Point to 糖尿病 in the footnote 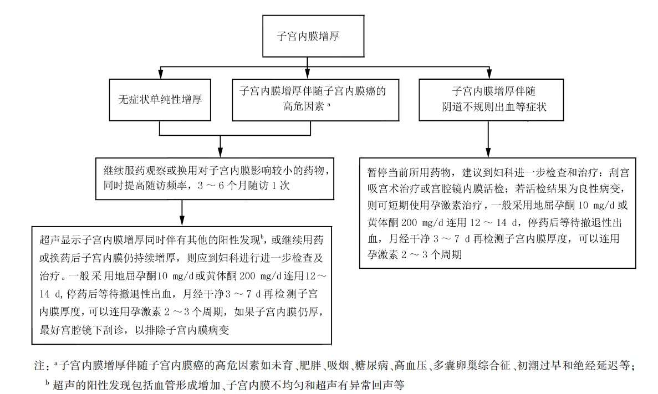[x=373, y=366]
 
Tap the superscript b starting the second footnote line [x=48, y=381]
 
